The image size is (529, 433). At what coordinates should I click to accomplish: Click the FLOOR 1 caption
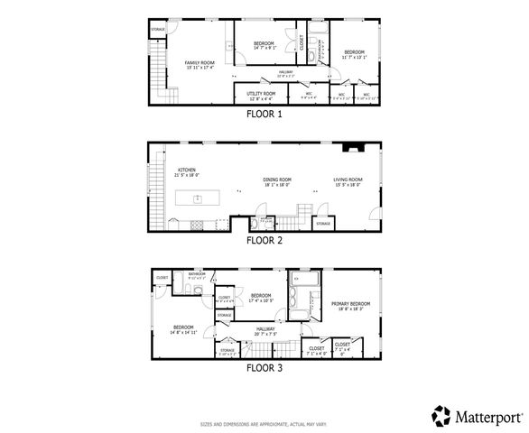pos(264,115)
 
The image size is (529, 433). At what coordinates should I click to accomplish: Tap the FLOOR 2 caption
pos(264,241)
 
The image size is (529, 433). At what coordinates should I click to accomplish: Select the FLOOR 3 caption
pos(264,367)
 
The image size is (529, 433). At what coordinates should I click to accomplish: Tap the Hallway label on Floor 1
pos(286,74)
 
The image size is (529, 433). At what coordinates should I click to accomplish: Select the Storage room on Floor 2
pos(323,222)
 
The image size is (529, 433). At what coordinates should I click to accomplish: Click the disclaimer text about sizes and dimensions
pos(264,423)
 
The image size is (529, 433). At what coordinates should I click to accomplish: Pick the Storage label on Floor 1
pos(157,31)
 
